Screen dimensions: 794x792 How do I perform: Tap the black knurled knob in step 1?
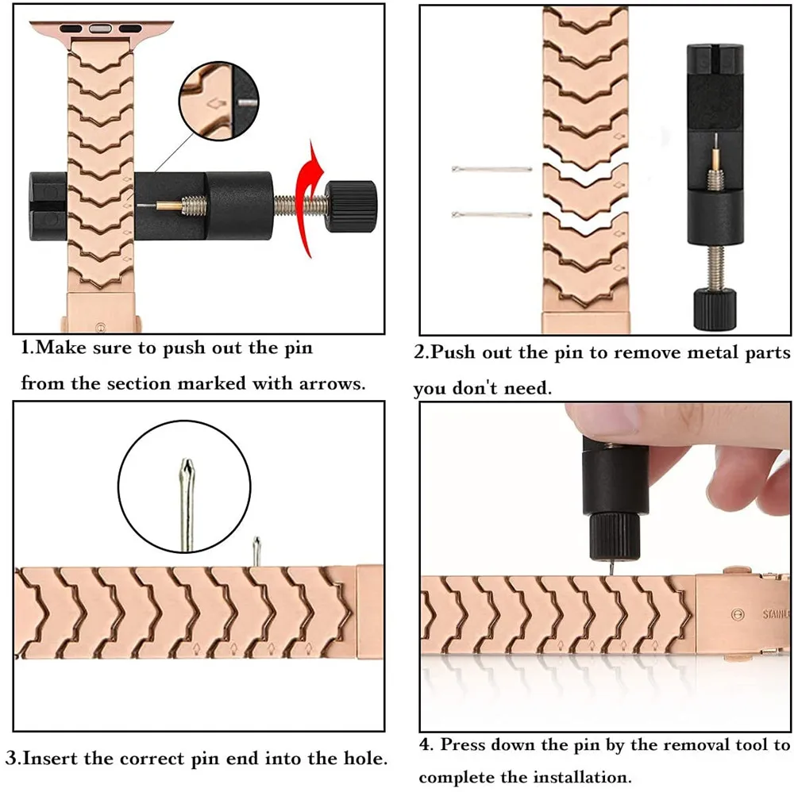coord(352,203)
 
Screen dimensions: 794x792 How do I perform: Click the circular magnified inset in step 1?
coord(219,103)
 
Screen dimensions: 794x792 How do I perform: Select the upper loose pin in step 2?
coord(491,169)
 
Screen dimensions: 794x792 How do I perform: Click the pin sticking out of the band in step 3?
coord(256,551)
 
